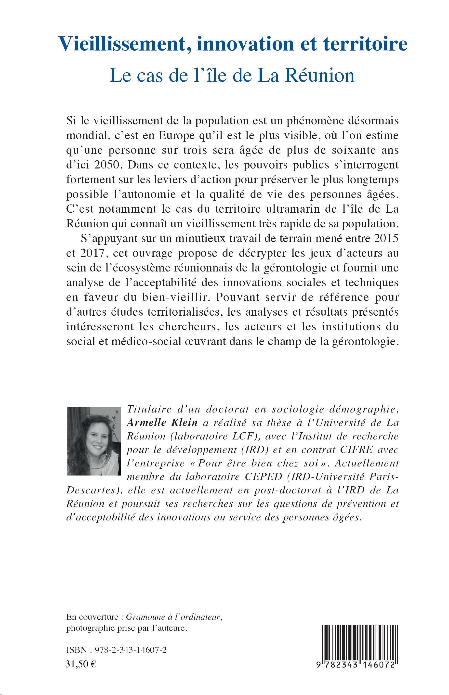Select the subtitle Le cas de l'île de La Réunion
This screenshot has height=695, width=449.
pyautogui.click(x=232, y=75)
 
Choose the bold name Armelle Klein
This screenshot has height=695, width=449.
pyautogui.click(x=162, y=423)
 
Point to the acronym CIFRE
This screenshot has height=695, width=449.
pyautogui.click(x=356, y=450)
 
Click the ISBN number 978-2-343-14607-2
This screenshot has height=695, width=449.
pyautogui.click(x=129, y=650)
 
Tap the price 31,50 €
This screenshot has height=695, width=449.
pyautogui.click(x=81, y=664)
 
